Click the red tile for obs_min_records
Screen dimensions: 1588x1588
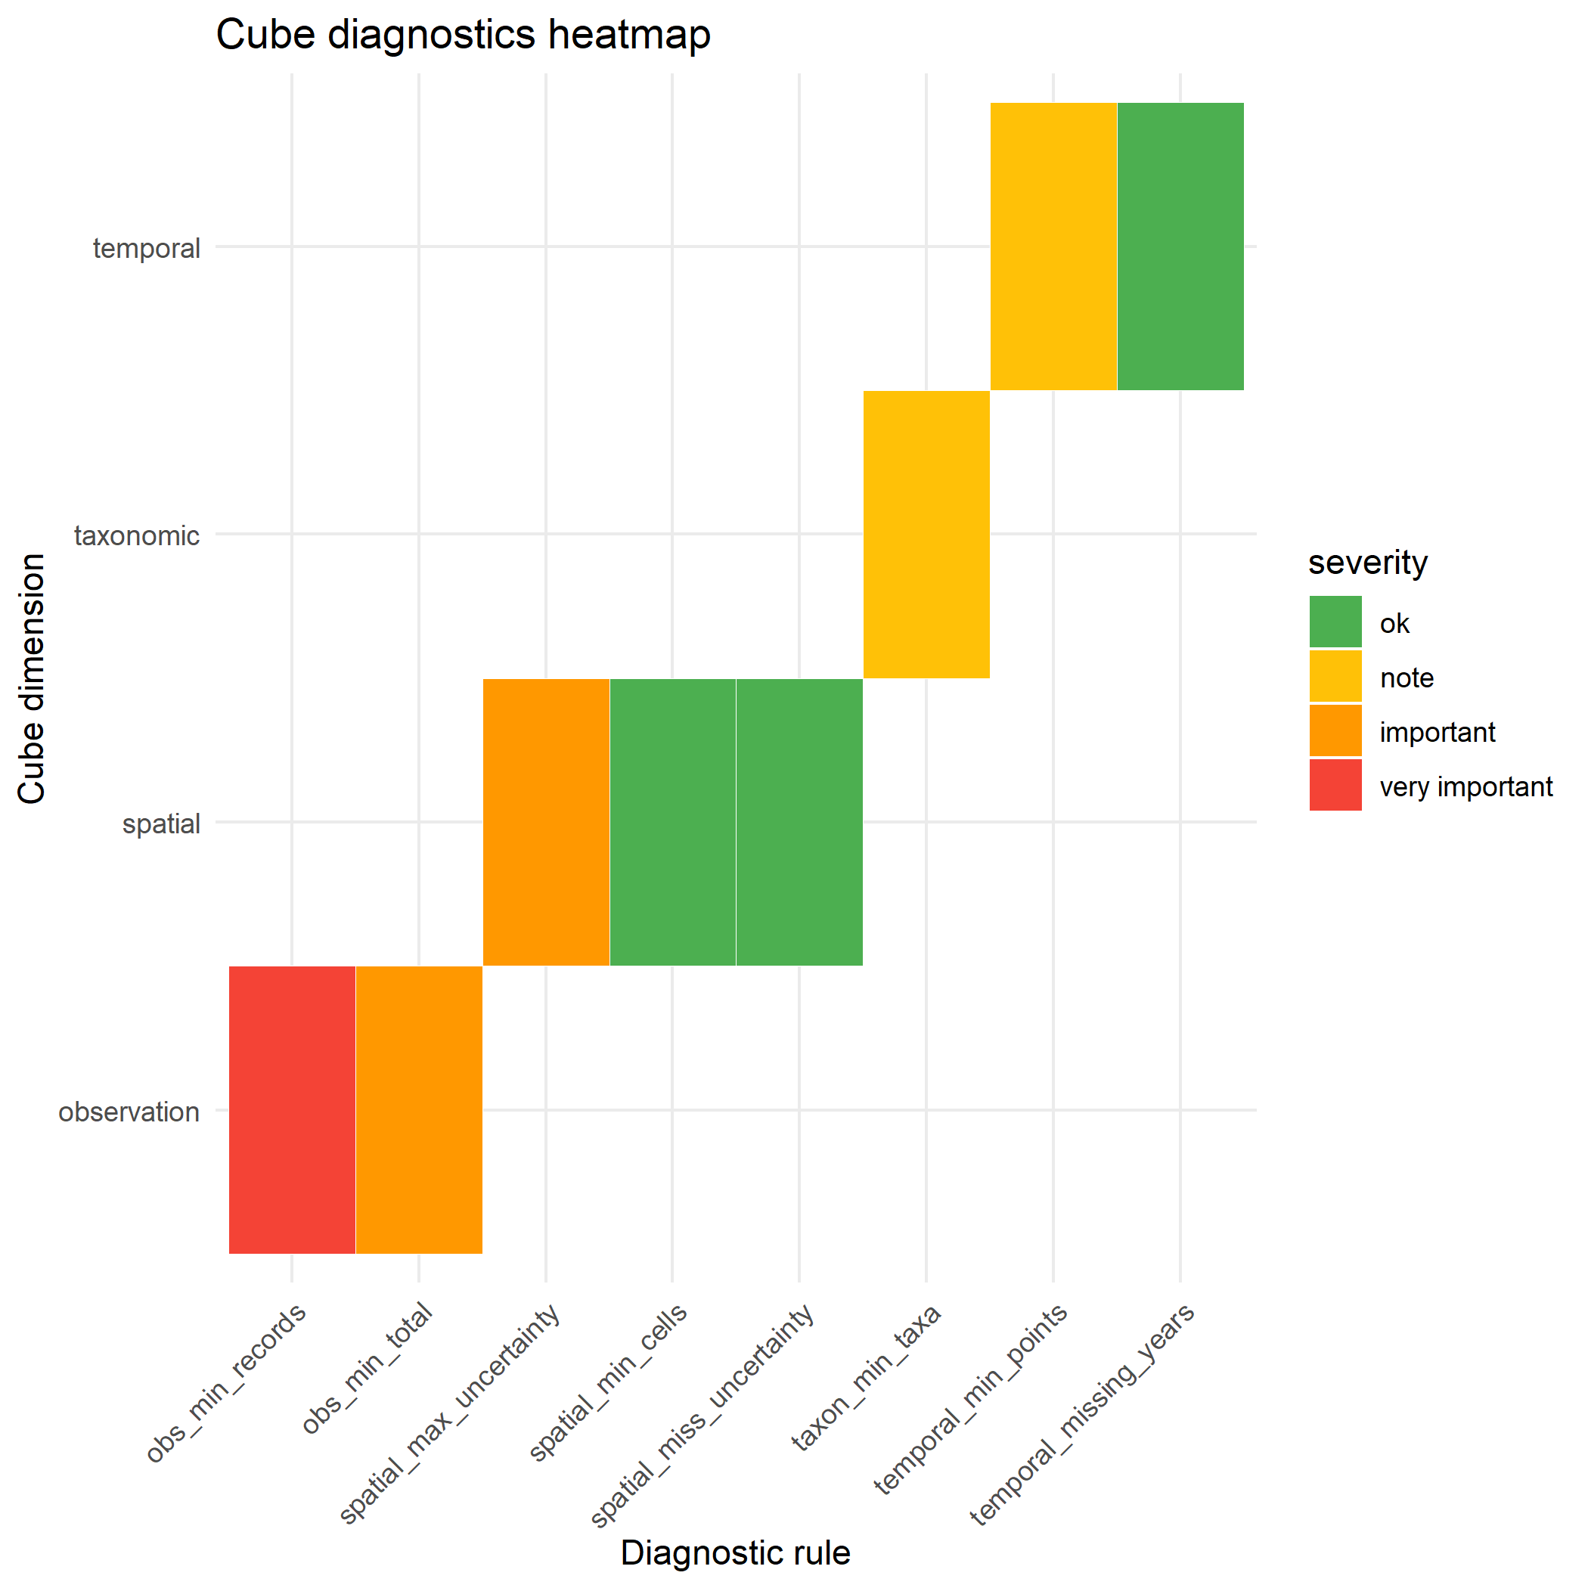[292, 1109]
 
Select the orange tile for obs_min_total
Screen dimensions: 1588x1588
[418, 1109]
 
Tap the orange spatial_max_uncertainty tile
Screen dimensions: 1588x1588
[546, 822]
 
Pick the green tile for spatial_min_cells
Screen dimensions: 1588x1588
[672, 822]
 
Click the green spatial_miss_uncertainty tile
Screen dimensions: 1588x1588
[799, 822]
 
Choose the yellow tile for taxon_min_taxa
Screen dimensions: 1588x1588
[926, 535]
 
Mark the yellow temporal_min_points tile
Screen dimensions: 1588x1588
[1053, 247]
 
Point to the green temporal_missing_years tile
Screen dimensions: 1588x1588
[1180, 247]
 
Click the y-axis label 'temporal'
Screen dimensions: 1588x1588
[146, 248]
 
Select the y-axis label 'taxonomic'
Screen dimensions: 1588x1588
[136, 536]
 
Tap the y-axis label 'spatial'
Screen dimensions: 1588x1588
[161, 823]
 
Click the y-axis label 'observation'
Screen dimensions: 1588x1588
[129, 1112]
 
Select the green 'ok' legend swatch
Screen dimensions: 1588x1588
[1335, 622]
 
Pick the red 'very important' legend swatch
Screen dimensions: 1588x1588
[1335, 785]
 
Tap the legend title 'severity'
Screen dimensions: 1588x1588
[1368, 563]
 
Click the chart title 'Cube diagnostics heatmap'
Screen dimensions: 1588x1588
[463, 36]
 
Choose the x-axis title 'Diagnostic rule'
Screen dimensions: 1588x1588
[735, 1552]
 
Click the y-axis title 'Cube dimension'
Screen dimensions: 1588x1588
[31, 678]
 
